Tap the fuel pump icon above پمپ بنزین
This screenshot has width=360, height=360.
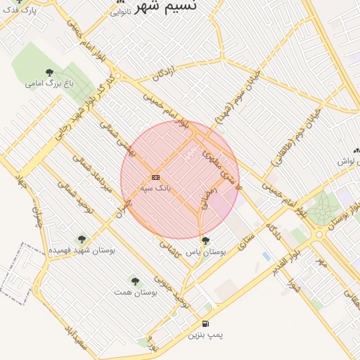pyautogui.click(x=205, y=324)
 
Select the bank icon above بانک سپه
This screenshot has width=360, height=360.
pyautogui.click(x=155, y=177)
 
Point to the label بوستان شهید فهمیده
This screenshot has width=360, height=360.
pyautogui.click(x=82, y=250)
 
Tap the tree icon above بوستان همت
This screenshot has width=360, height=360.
pyautogui.click(x=134, y=281)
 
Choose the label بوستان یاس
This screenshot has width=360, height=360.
pyautogui.click(x=205, y=251)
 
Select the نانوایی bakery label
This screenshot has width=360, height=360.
pyautogui.click(x=120, y=12)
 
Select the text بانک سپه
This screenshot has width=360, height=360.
pyautogui.click(x=155, y=188)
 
